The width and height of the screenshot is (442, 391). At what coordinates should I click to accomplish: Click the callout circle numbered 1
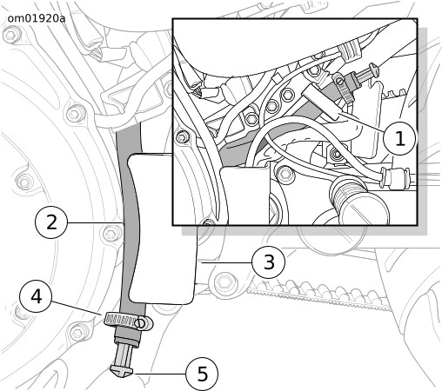click(x=399, y=138)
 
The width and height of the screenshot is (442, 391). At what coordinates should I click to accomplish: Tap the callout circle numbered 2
click(x=51, y=222)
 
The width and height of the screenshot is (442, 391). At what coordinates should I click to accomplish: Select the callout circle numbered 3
click(x=269, y=262)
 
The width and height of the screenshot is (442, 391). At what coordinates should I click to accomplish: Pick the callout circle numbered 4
click(x=36, y=296)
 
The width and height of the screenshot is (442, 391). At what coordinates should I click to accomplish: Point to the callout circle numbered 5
click(x=202, y=374)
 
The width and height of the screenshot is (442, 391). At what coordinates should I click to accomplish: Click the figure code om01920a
click(x=37, y=18)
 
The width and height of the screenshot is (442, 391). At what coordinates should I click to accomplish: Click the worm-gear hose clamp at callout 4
click(x=128, y=321)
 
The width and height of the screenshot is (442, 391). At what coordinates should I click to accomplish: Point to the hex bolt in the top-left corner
click(x=11, y=36)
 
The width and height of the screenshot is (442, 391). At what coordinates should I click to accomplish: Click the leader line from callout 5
click(x=160, y=374)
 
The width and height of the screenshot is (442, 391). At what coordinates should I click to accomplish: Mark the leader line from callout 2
click(x=95, y=222)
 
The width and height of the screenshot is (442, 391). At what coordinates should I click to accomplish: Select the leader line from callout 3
click(x=226, y=262)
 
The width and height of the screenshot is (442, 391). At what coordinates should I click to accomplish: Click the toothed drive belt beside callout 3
click(x=319, y=294)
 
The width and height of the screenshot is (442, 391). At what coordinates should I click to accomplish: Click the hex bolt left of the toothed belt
click(x=223, y=282)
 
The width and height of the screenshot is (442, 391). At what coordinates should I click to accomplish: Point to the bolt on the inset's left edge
click(x=182, y=136)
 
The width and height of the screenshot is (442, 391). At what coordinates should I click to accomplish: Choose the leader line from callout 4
click(x=77, y=308)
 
